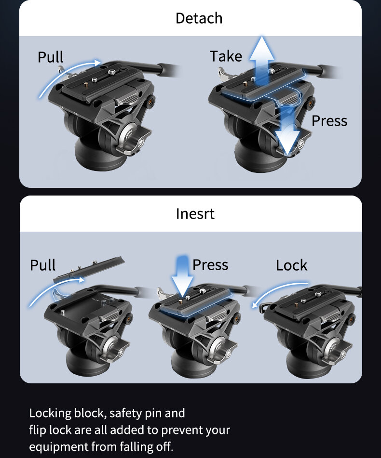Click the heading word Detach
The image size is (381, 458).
199,18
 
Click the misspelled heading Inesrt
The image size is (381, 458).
195,213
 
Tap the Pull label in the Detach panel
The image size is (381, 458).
50,57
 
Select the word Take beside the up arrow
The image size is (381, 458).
226,56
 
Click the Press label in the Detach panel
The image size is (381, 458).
329,120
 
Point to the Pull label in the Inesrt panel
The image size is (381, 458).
43,265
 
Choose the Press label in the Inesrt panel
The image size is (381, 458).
210,265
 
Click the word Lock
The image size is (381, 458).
291,265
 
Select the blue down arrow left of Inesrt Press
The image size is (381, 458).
182,276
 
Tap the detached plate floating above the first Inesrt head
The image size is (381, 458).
89,269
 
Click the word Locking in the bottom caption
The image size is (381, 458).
50,414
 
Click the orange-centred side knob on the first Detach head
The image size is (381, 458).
151,101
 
